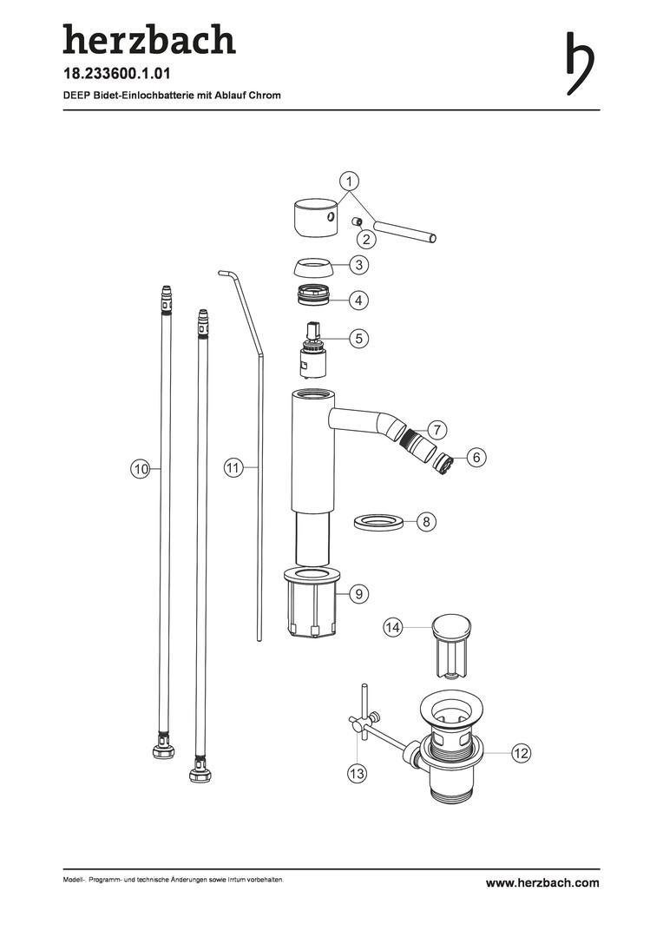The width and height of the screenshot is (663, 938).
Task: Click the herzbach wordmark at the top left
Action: tap(149, 39)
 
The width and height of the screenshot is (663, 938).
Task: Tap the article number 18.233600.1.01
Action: tap(117, 74)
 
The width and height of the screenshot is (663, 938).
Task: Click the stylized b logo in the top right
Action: tap(581, 63)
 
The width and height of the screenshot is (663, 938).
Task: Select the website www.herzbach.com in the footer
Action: tap(542, 883)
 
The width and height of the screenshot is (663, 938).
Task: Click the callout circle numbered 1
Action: tap(350, 180)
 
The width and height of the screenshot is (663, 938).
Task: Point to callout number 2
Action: tap(366, 240)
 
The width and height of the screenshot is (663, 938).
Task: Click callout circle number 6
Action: tap(476, 458)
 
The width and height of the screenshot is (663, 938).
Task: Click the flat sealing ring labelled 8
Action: tap(377, 520)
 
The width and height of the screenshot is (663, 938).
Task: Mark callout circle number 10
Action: tap(141, 469)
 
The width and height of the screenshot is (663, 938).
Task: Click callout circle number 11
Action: tap(233, 467)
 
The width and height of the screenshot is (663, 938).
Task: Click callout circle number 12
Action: tap(521, 753)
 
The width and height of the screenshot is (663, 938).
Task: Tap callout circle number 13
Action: tap(357, 774)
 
